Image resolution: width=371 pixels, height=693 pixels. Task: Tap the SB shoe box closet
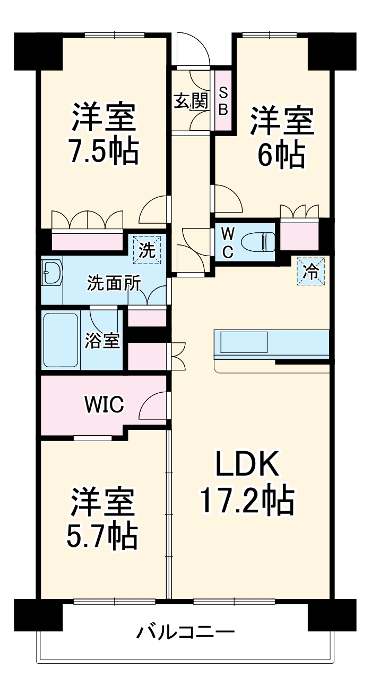click(x=223, y=101)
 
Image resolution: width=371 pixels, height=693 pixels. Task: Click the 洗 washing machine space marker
click(x=147, y=250)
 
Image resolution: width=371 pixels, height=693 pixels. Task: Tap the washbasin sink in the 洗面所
click(x=51, y=273)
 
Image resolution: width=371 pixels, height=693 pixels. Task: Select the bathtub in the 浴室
click(x=61, y=340)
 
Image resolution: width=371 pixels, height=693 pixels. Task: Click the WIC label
click(x=105, y=404)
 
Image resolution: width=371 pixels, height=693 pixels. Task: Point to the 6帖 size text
click(x=281, y=155)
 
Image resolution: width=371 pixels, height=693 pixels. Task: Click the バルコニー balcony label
click(x=186, y=632)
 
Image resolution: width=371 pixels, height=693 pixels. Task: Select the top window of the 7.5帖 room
click(x=114, y=36)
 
